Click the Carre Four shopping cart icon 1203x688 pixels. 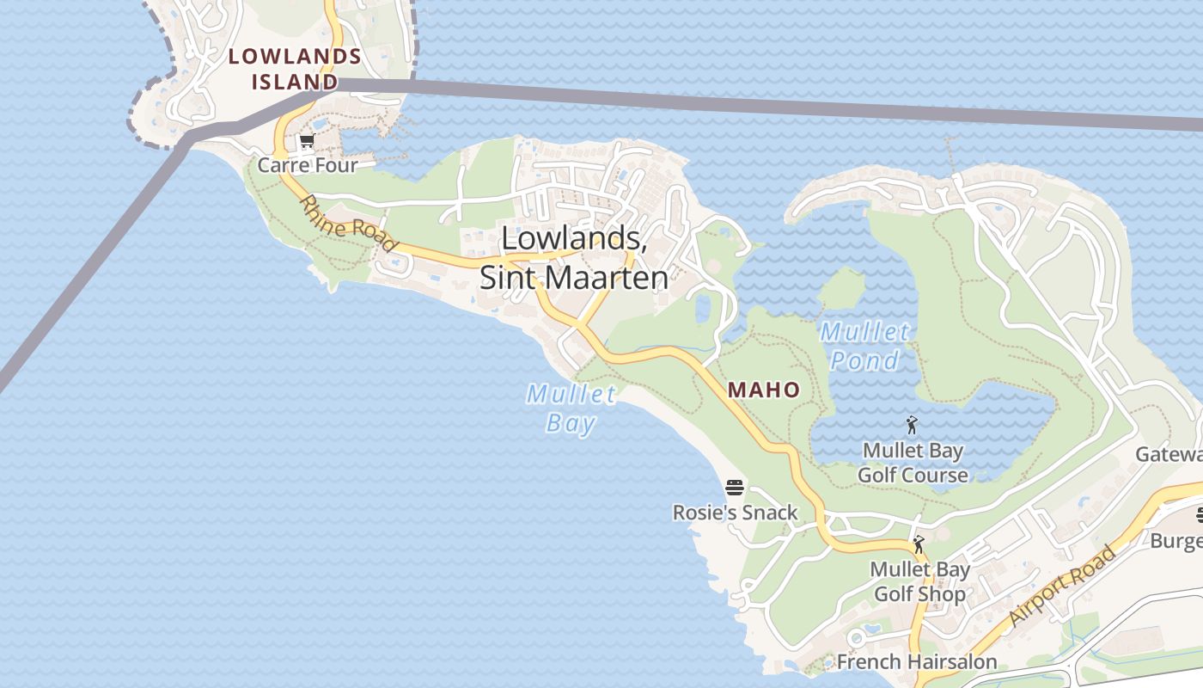[307, 141]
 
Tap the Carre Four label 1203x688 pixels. [307, 164]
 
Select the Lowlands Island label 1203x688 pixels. [295, 69]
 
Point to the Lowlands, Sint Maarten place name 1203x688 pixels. [574, 257]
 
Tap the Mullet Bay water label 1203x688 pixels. [571, 408]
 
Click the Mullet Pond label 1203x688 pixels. [864, 346]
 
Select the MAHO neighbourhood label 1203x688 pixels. [764, 390]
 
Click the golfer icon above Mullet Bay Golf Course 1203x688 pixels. [912, 425]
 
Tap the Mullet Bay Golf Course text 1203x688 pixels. [913, 463]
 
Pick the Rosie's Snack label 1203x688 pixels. [735, 513]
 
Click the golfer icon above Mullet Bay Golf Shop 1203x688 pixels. [919, 544]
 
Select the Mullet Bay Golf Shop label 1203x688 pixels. [919, 581]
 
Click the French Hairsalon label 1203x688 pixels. [916, 661]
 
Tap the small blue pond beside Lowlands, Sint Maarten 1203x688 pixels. [703, 309]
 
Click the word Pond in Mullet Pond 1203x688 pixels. [864, 360]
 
